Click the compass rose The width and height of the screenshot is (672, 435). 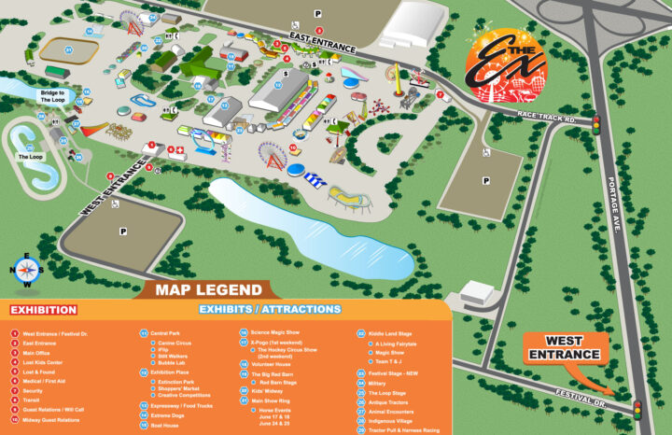[28, 270]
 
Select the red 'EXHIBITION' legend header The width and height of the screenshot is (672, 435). [44, 309]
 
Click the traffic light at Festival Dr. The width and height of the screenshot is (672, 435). [638, 409]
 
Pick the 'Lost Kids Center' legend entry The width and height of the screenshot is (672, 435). [43, 361]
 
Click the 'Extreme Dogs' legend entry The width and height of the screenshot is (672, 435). [171, 416]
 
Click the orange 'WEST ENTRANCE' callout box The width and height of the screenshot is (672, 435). [573, 349]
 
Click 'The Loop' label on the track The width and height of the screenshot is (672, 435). [30, 157]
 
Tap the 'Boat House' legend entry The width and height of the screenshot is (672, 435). [167, 427]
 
